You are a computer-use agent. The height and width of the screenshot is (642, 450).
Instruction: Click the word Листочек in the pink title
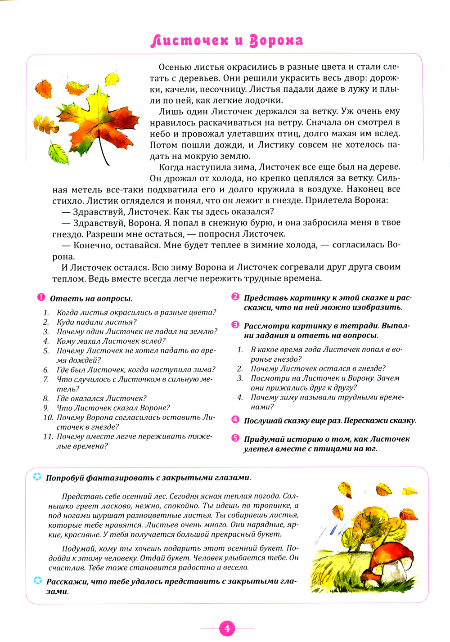(189, 40)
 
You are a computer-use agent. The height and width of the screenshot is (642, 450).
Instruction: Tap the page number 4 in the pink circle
(227, 629)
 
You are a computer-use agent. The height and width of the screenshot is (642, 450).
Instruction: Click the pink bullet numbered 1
(41, 298)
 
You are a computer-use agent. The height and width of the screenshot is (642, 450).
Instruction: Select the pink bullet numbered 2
(235, 297)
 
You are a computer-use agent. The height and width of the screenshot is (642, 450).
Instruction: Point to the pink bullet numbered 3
(235, 325)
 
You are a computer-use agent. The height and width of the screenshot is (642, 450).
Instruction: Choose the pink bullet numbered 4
(235, 420)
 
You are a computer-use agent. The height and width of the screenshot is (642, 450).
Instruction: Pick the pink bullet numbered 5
(235, 438)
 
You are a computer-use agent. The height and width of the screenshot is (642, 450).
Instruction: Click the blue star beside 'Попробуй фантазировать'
(38, 477)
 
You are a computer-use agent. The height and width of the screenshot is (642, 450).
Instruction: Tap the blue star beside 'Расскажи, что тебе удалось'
(38, 581)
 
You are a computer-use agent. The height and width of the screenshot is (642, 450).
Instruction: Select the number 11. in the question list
(48, 436)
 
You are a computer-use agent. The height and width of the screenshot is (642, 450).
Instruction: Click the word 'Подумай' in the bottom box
(79, 548)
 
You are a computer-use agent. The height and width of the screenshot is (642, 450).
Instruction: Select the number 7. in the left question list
(46, 379)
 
